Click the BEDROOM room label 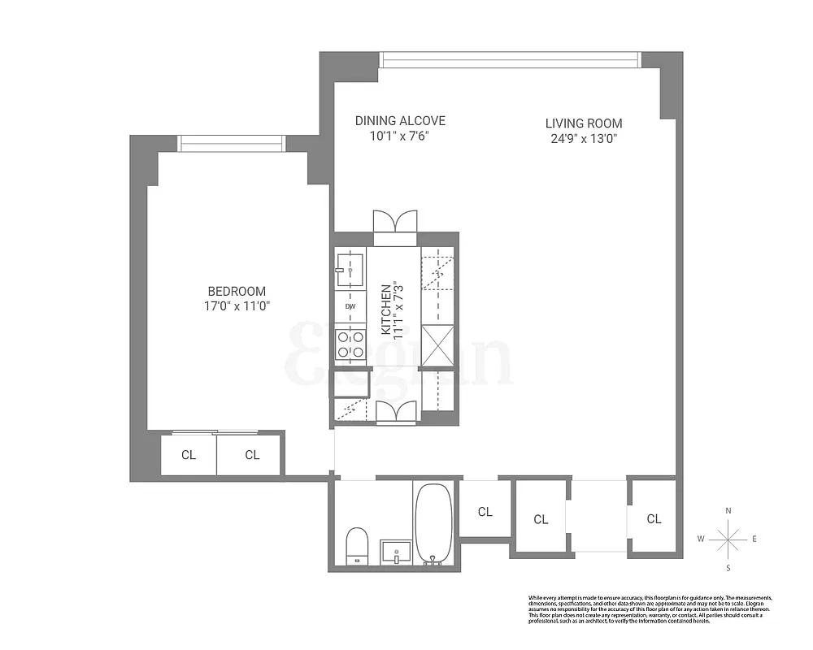236,291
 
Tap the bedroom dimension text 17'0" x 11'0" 236,306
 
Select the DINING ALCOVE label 400,121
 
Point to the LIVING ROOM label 584,123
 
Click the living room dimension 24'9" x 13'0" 584,138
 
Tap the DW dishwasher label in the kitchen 350,306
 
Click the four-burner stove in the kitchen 350,344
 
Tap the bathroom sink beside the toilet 398,549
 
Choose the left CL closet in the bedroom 189,455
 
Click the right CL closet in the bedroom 252,455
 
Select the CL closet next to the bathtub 485,512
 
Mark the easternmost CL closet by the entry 654,518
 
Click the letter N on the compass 728,510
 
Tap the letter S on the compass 728,567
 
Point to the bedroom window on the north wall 232,143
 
